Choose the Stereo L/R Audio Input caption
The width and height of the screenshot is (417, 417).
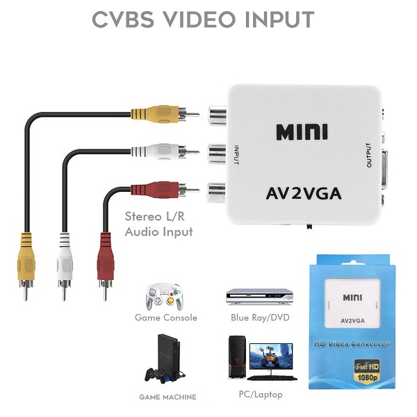(x=158, y=224)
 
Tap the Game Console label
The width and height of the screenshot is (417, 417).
(x=166, y=318)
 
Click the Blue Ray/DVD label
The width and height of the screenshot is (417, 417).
(x=260, y=318)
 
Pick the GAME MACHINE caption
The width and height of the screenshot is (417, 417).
(x=167, y=398)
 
